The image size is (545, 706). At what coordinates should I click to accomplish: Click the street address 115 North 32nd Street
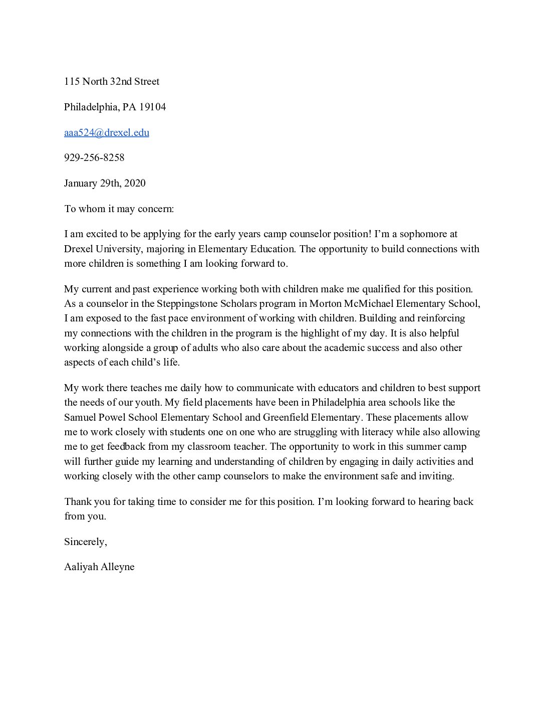pos(111,81)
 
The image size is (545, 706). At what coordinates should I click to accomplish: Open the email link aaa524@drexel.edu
pos(106,132)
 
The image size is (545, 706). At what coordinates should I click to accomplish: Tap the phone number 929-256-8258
pos(94,157)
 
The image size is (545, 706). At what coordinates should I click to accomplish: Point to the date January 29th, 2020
pos(105,183)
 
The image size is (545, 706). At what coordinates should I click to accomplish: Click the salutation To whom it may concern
pos(119,209)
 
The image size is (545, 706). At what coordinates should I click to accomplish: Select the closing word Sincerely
pos(85,542)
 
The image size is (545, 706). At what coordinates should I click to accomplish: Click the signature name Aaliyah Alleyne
pos(99,567)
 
